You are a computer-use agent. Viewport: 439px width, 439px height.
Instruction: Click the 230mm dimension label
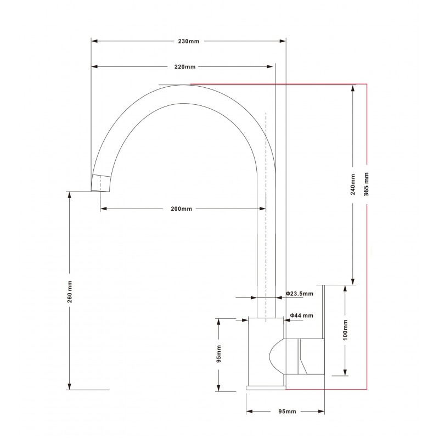189,41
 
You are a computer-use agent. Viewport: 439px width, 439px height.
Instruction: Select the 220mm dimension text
185,66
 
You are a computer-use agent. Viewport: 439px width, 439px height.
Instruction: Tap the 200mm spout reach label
182,209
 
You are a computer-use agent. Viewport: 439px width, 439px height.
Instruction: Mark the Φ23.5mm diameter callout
301,295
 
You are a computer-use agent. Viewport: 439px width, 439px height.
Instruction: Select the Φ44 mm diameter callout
301,316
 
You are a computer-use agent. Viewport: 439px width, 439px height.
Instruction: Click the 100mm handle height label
344,329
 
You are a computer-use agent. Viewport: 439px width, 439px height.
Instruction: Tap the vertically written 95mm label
218,354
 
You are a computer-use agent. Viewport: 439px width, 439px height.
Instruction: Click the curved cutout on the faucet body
277,357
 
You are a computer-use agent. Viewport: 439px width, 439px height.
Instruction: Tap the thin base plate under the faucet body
266,387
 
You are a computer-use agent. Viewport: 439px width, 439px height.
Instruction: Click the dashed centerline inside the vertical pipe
266,219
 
